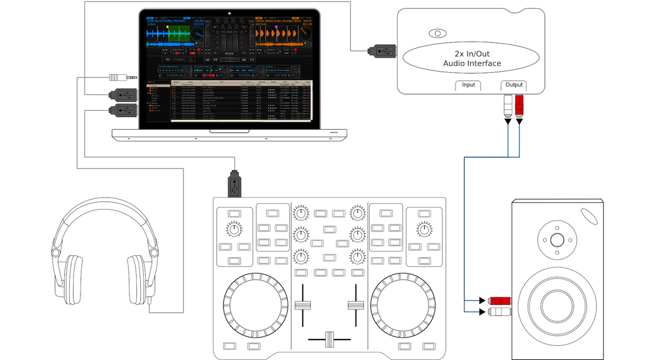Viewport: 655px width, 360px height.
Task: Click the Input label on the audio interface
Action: [468, 85]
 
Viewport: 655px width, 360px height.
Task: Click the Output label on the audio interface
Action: [514, 85]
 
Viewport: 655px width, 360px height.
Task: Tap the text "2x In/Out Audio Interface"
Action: [472, 58]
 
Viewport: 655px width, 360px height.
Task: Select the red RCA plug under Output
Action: [519, 104]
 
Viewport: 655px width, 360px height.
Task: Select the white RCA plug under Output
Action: [508, 104]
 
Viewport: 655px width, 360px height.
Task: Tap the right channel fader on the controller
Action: [352, 304]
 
